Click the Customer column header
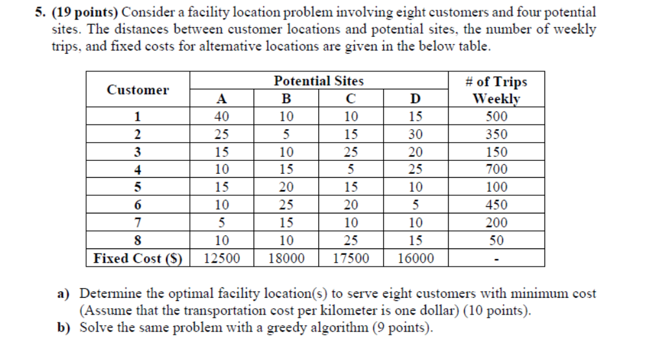[x=137, y=90]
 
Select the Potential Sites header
[x=318, y=81]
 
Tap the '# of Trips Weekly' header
[x=496, y=90]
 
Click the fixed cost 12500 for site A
[x=222, y=258]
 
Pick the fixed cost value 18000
[x=286, y=258]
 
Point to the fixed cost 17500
[x=351, y=258]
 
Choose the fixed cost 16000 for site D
[x=416, y=258]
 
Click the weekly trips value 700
[x=496, y=170]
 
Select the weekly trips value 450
[x=496, y=205]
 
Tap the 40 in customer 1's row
[x=222, y=117]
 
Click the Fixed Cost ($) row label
[x=137, y=258]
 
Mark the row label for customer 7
[x=137, y=222]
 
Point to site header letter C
[x=351, y=99]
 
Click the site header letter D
[x=416, y=99]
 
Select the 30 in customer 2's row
[x=416, y=135]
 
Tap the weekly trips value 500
[x=496, y=117]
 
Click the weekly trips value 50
[x=496, y=240]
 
